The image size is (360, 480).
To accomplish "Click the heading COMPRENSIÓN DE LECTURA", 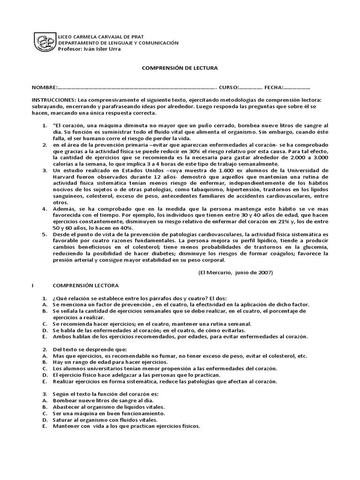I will (x=180, y=68).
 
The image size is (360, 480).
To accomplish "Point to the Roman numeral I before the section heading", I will (x=32, y=285).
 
